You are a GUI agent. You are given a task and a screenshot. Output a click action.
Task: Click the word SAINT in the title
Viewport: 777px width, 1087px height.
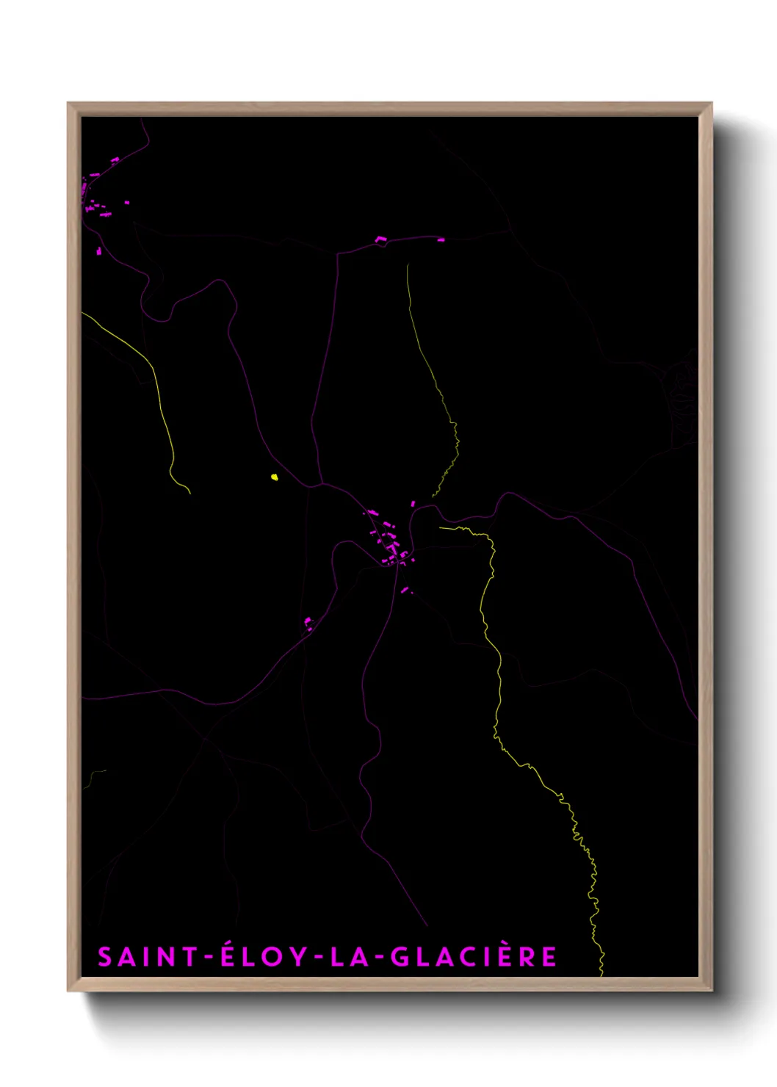pos(148,956)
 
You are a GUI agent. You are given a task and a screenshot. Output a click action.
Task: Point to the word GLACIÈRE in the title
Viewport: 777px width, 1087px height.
pos(473,956)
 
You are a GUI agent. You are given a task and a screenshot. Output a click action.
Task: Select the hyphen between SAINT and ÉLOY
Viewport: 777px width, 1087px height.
pos(209,957)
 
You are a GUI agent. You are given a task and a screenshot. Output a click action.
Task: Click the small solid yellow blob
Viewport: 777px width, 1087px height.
pos(274,477)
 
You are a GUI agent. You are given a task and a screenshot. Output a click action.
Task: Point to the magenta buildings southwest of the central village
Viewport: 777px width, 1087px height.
pos(308,624)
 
